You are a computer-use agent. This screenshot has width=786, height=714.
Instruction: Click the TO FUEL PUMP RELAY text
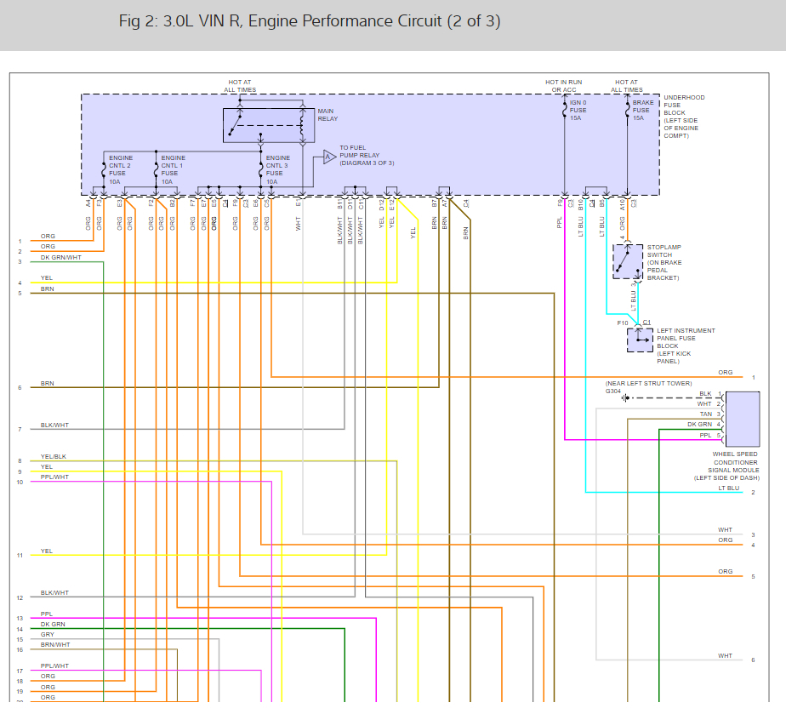click(367, 155)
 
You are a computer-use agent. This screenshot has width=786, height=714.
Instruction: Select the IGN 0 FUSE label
click(578, 110)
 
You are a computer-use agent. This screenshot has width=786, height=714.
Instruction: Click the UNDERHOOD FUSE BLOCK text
click(682, 117)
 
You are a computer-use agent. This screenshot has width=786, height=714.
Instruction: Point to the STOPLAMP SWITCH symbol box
click(628, 261)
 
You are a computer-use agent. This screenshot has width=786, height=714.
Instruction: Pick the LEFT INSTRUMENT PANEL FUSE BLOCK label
click(686, 346)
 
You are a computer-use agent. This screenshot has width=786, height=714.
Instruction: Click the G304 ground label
click(613, 391)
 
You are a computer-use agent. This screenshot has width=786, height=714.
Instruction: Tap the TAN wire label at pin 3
click(705, 414)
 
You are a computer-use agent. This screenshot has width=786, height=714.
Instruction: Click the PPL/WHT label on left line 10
click(54, 477)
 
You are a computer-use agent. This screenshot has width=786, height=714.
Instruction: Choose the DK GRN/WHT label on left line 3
click(61, 257)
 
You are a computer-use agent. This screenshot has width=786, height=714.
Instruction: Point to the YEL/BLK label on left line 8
click(53, 457)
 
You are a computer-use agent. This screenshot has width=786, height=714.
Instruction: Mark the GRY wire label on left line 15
click(47, 635)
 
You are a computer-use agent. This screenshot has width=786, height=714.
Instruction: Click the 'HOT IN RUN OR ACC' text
click(564, 86)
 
